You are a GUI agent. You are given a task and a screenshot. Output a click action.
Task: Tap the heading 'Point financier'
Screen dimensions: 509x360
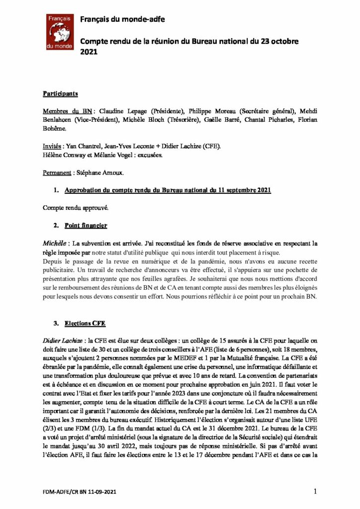[x=86, y=225]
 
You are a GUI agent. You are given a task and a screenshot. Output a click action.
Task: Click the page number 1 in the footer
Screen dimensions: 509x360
[x=316, y=492]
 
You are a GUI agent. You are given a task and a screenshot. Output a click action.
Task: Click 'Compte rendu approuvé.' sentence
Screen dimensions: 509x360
[x=75, y=207]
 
